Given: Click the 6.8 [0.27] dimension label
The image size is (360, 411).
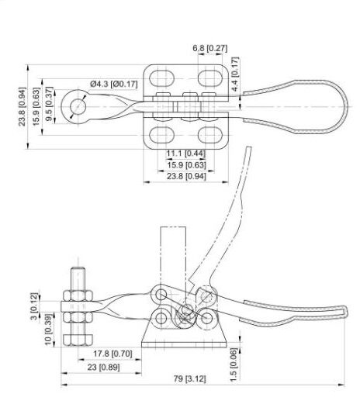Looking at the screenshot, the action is (x=209, y=48).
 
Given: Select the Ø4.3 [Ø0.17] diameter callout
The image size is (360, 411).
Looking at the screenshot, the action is (x=114, y=85).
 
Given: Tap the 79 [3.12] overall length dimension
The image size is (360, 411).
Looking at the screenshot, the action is (x=189, y=378).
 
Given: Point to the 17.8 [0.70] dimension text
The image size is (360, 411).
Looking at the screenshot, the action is (x=112, y=354).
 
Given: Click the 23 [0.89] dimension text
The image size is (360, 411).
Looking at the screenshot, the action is (x=103, y=368).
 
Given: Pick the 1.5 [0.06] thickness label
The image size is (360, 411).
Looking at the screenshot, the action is (x=233, y=364).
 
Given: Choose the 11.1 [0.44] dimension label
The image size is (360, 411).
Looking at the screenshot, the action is (x=186, y=154).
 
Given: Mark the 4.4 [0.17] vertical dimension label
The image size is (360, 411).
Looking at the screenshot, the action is (x=235, y=74).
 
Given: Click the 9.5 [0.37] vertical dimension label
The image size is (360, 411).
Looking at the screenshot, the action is (x=49, y=104).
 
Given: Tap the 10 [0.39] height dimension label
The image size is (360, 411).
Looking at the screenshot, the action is (x=48, y=330).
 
